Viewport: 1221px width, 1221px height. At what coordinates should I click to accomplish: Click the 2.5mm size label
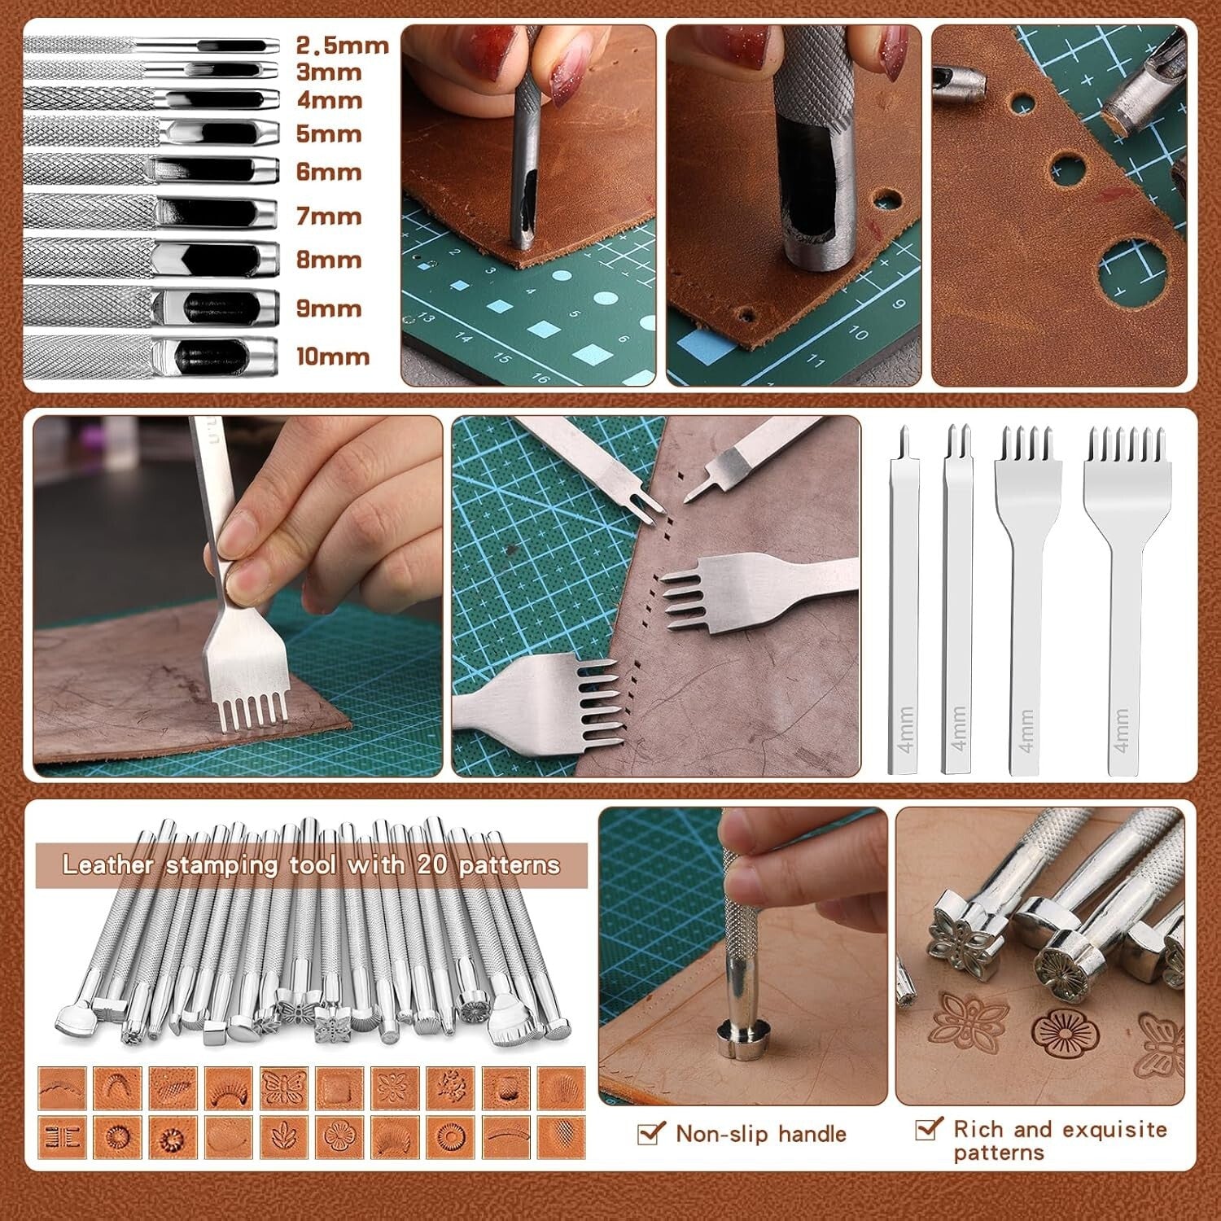click(x=342, y=45)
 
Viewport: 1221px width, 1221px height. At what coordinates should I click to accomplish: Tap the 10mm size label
click(x=332, y=357)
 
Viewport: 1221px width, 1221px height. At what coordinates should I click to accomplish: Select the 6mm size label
click(x=329, y=172)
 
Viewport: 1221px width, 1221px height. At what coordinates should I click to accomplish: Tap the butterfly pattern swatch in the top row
click(x=283, y=1088)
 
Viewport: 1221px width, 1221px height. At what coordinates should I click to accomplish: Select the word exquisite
click(x=1114, y=1129)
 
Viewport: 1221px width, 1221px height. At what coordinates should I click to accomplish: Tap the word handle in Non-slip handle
click(x=812, y=1133)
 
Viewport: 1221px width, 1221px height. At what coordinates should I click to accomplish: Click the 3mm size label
click(x=329, y=72)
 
